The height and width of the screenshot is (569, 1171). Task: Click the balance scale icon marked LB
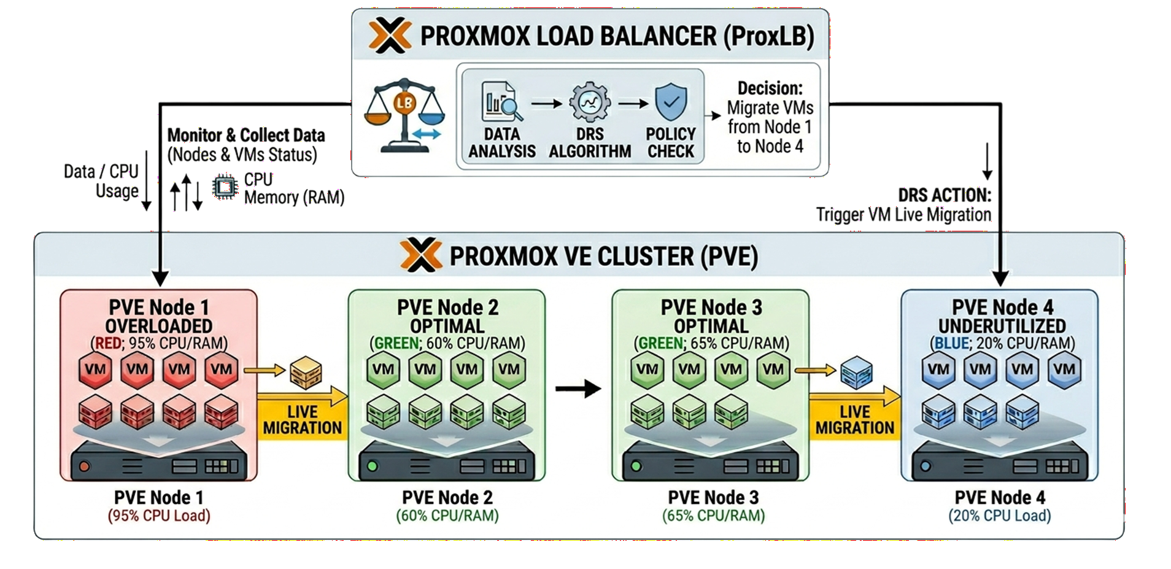pyautogui.click(x=404, y=115)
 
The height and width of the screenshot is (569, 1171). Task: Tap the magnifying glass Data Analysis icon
pyautogui.click(x=502, y=102)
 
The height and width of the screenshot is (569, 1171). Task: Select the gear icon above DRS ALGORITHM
pyautogui.click(x=590, y=102)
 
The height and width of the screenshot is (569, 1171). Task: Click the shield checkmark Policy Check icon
pyautogui.click(x=671, y=102)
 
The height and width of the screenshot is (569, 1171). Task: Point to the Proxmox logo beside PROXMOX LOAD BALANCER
pyautogui.click(x=390, y=35)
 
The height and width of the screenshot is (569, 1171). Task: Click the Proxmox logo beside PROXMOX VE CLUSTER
pyautogui.click(x=420, y=255)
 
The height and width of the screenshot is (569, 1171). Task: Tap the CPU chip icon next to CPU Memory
pyautogui.click(x=225, y=187)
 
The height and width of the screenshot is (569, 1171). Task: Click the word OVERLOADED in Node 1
pyautogui.click(x=159, y=326)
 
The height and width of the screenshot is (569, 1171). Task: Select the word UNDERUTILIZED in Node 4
pyautogui.click(x=1002, y=326)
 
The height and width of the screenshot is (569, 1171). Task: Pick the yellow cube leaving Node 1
pyautogui.click(x=306, y=373)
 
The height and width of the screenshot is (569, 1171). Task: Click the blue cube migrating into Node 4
pyautogui.click(x=856, y=373)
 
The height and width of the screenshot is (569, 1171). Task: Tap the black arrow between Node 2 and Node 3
pyautogui.click(x=578, y=389)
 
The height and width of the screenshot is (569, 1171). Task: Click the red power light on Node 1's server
pyautogui.click(x=85, y=466)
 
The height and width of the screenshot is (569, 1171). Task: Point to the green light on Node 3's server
pyautogui.click(x=636, y=466)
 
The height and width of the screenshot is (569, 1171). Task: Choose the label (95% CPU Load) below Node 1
pyautogui.click(x=159, y=516)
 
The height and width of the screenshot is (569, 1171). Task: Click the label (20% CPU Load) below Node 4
pyautogui.click(x=1000, y=516)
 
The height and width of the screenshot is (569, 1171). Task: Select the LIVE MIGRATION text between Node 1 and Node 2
pyautogui.click(x=302, y=420)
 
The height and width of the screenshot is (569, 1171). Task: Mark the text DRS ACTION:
pyautogui.click(x=945, y=195)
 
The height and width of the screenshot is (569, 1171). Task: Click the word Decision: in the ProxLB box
pyautogui.click(x=770, y=88)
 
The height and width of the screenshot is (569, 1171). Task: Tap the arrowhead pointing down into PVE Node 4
pyautogui.click(x=1000, y=278)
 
